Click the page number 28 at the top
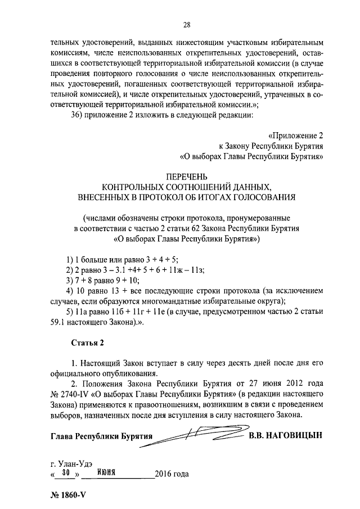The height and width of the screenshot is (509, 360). click(x=187, y=24)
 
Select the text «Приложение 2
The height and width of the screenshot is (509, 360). click(x=296, y=136)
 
